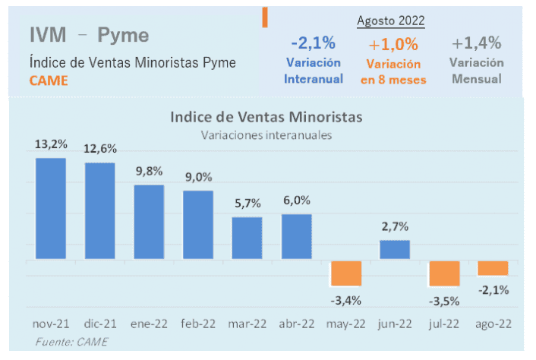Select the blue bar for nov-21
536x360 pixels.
(x=51, y=209)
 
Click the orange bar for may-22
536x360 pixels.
(x=345, y=273)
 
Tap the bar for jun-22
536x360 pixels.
(x=395, y=250)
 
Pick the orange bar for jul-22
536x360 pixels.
(x=444, y=273)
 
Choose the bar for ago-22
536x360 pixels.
(x=493, y=268)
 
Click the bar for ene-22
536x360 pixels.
(x=149, y=222)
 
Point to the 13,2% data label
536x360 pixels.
(x=50, y=144)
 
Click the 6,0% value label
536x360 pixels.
(x=296, y=201)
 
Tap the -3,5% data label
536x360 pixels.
(x=444, y=302)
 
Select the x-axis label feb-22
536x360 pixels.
(x=197, y=324)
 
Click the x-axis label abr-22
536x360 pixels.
(x=296, y=324)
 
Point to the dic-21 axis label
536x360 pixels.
(x=99, y=324)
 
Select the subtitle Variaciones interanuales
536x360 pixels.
(x=266, y=135)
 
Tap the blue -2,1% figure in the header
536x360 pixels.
(x=314, y=44)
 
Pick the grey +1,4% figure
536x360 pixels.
(x=476, y=43)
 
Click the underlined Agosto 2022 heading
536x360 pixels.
(x=391, y=21)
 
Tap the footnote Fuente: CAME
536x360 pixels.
(x=71, y=343)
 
